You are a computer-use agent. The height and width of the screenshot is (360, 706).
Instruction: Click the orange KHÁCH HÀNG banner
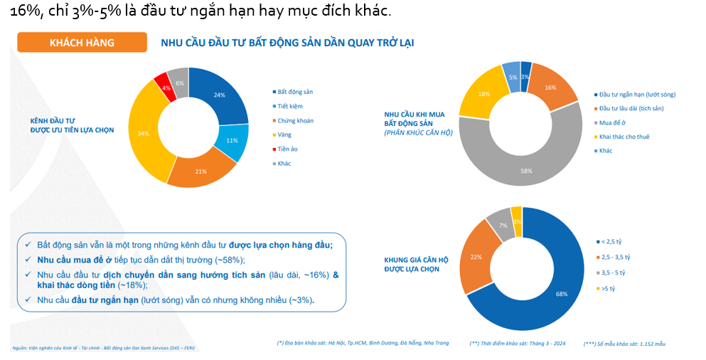pyautogui.click(x=82, y=43)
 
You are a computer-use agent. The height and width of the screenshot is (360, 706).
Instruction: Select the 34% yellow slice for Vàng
pyautogui.click(x=143, y=134)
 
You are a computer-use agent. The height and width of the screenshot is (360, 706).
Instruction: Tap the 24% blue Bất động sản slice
pyautogui.click(x=220, y=95)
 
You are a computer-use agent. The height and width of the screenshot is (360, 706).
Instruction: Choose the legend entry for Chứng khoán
pyautogui.click(x=294, y=120)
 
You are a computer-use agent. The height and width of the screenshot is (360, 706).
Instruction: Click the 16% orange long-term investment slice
pyautogui.click(x=551, y=88)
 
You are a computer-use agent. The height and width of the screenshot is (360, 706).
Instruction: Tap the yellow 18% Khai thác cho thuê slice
pyautogui.click(x=483, y=94)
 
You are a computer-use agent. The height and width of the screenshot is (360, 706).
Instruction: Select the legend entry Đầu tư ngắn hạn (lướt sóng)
pyautogui.click(x=636, y=94)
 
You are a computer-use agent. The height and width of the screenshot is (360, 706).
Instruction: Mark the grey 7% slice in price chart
pyautogui.click(x=503, y=225)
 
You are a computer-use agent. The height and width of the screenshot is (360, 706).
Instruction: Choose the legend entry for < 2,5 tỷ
pyautogui.click(x=613, y=242)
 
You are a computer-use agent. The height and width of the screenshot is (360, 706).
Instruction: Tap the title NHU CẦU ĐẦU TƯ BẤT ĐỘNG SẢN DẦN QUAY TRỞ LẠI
pyautogui.click(x=287, y=43)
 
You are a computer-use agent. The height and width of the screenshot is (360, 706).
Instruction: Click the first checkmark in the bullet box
pyautogui.click(x=26, y=245)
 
